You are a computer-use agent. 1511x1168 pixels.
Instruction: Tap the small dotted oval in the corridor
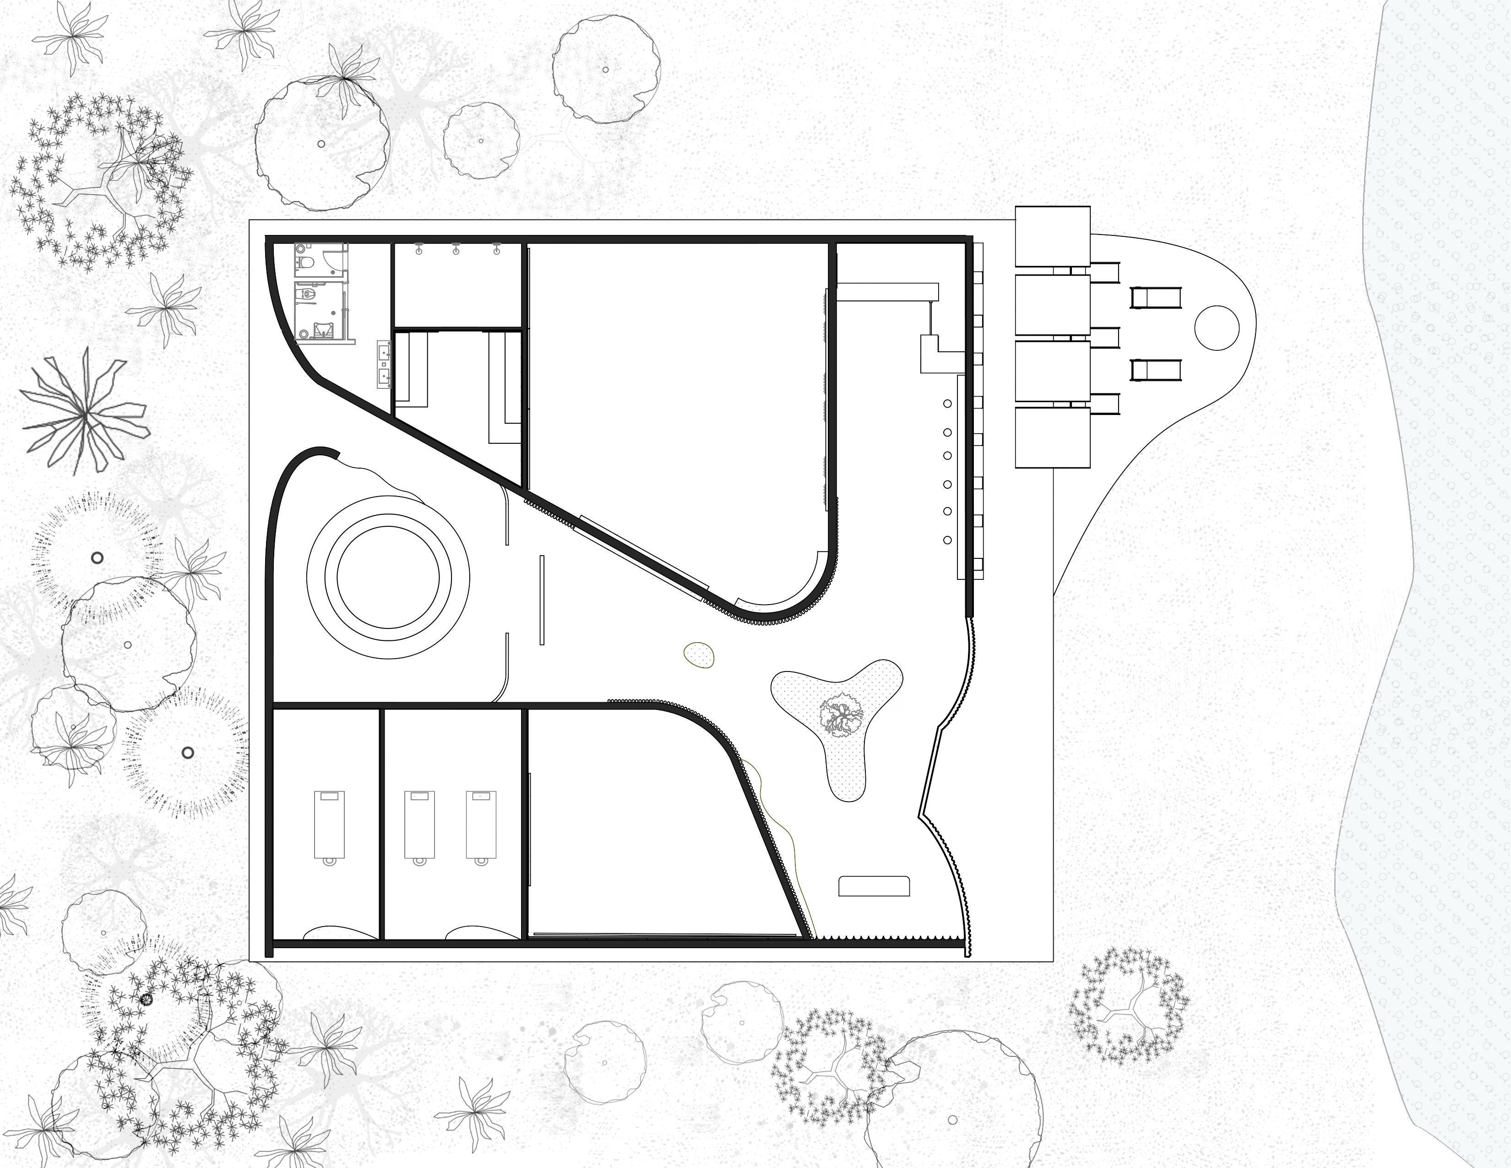pyautogui.click(x=700, y=655)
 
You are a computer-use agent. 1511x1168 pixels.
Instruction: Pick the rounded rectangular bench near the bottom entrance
pyautogui.click(x=874, y=886)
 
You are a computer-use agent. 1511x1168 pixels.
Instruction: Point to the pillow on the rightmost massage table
pyautogui.click(x=480, y=797)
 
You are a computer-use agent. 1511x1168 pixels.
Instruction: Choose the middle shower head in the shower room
pyautogui.click(x=457, y=247)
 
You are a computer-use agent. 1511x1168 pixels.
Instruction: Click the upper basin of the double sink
pyautogui.click(x=385, y=351)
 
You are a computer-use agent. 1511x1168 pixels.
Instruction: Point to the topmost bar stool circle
pyautogui.click(x=947, y=404)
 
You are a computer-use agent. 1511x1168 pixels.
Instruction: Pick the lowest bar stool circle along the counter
pyautogui.click(x=947, y=540)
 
